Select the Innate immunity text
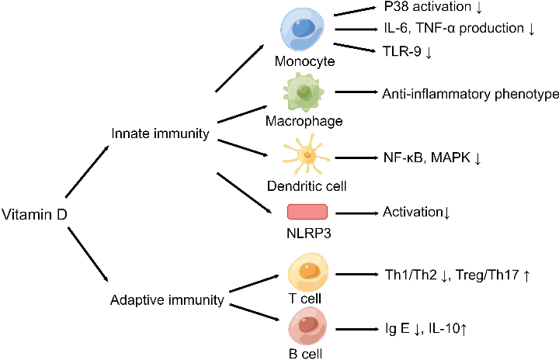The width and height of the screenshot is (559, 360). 161,134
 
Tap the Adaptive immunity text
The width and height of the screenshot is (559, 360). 168,298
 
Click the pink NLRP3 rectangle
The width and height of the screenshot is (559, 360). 307,212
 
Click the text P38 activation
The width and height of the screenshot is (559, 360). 434,8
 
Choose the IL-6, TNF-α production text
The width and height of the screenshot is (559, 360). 457,29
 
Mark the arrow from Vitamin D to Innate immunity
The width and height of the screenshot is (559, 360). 86,175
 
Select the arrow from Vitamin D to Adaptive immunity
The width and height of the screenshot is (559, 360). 86,253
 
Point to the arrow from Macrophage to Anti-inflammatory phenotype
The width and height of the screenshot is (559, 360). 355,94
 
